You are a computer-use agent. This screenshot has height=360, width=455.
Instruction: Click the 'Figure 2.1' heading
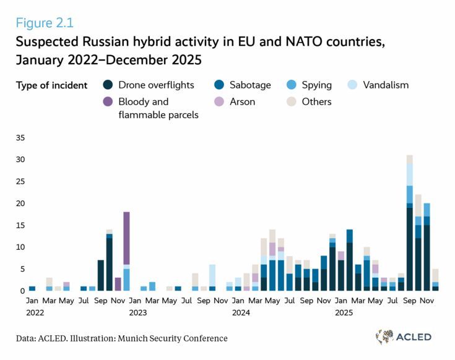(x=45, y=23)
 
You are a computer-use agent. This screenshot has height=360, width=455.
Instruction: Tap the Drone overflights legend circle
(x=108, y=85)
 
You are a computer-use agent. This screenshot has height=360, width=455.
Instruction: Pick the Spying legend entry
(x=308, y=85)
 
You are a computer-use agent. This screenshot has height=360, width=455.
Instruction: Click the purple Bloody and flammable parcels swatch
(x=108, y=101)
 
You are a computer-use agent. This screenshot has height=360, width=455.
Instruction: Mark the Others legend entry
(x=308, y=101)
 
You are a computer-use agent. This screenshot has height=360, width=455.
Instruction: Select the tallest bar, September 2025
(x=409, y=223)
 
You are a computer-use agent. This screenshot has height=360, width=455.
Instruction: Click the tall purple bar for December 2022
(x=126, y=247)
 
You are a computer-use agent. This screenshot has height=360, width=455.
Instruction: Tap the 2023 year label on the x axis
(x=137, y=313)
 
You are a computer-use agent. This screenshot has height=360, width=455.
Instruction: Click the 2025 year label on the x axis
(x=344, y=313)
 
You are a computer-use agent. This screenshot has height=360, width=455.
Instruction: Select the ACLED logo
(x=403, y=337)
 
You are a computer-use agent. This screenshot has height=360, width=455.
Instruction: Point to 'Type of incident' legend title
(x=52, y=85)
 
